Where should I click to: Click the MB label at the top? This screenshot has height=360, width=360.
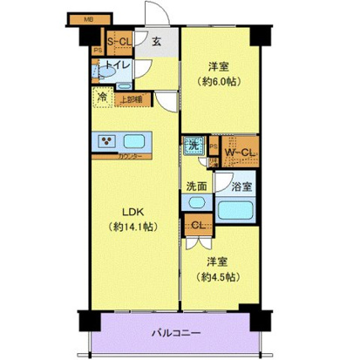click(x=89, y=17)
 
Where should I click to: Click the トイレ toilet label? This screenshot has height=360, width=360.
click(x=119, y=65)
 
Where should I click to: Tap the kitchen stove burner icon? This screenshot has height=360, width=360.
click(x=108, y=141)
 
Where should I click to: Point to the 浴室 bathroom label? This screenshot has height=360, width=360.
click(x=241, y=186)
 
